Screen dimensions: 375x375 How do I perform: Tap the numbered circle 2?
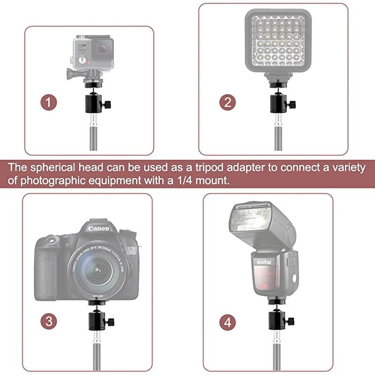coord(228,101)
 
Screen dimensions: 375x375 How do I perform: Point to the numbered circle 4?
coord(227,322)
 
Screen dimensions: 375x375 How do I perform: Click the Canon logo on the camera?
coord(98,229)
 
